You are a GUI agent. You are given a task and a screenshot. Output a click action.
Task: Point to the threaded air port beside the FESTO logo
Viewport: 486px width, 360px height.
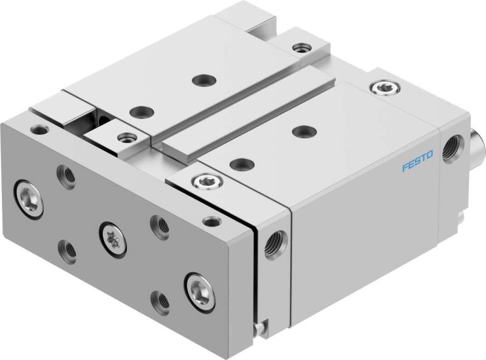pos(452,148)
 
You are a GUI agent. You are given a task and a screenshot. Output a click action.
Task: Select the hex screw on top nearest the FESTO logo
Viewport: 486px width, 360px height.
pos(382,89)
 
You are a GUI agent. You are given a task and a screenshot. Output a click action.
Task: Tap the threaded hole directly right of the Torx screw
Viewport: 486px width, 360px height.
pos(159,225)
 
